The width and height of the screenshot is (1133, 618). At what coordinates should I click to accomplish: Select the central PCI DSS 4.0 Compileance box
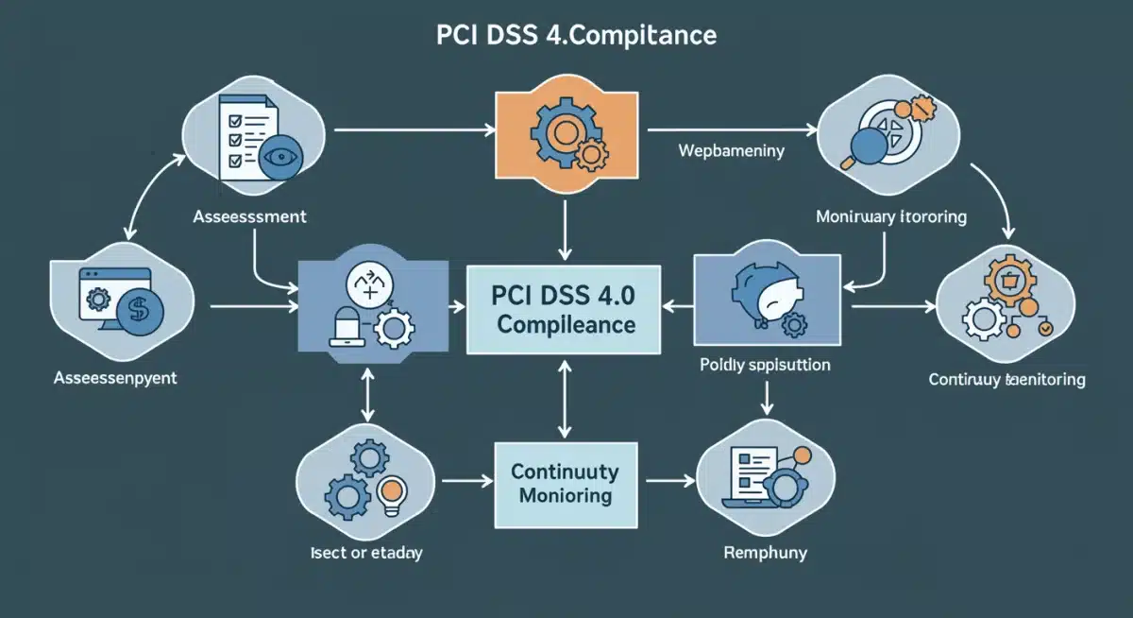(565, 309)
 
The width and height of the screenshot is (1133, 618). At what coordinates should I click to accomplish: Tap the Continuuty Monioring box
(565, 483)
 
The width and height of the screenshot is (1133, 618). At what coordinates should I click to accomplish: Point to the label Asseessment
(249, 216)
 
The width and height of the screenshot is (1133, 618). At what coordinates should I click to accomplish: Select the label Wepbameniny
(731, 150)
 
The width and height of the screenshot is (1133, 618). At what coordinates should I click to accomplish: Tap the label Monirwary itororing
(890, 216)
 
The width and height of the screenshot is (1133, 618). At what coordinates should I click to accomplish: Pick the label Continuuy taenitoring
(1006, 380)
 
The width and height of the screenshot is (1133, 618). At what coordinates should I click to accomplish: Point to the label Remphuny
(765, 552)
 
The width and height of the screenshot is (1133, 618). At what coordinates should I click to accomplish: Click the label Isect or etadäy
(365, 553)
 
